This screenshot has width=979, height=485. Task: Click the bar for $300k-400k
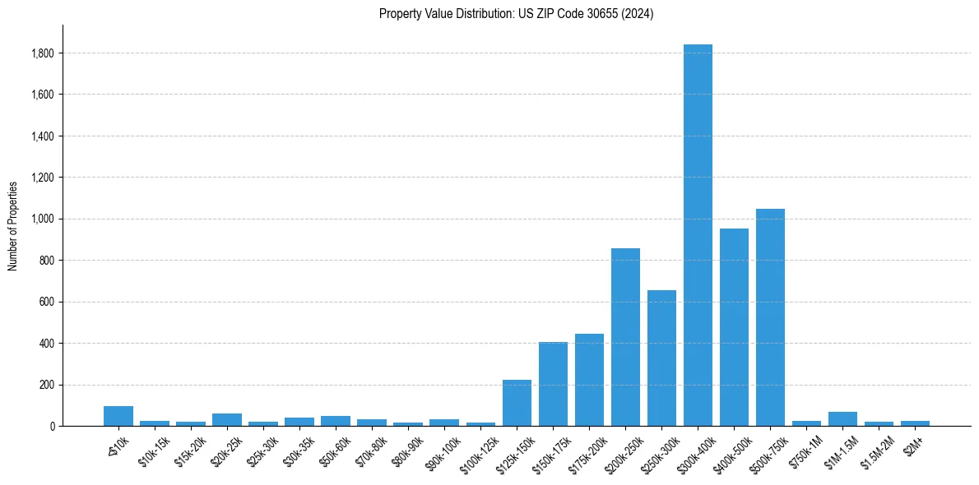pyautogui.click(x=698, y=235)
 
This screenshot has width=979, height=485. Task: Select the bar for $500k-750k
pyautogui.click(x=770, y=317)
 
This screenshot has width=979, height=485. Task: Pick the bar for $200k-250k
pyautogui.click(x=625, y=337)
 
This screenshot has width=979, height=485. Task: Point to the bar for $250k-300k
pyautogui.click(x=661, y=358)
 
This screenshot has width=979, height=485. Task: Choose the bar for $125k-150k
pyautogui.click(x=517, y=403)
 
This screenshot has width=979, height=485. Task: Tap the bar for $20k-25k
pyautogui.click(x=227, y=420)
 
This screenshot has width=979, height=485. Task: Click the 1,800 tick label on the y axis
pyautogui.click(x=43, y=53)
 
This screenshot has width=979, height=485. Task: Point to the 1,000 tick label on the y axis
pyautogui.click(x=43, y=219)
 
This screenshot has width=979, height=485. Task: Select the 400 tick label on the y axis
pyautogui.click(x=48, y=344)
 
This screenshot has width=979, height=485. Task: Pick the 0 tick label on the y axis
pyautogui.click(x=53, y=427)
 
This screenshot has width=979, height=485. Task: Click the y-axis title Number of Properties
pyautogui.click(x=13, y=226)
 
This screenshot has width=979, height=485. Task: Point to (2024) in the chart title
pyautogui.click(x=636, y=14)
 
